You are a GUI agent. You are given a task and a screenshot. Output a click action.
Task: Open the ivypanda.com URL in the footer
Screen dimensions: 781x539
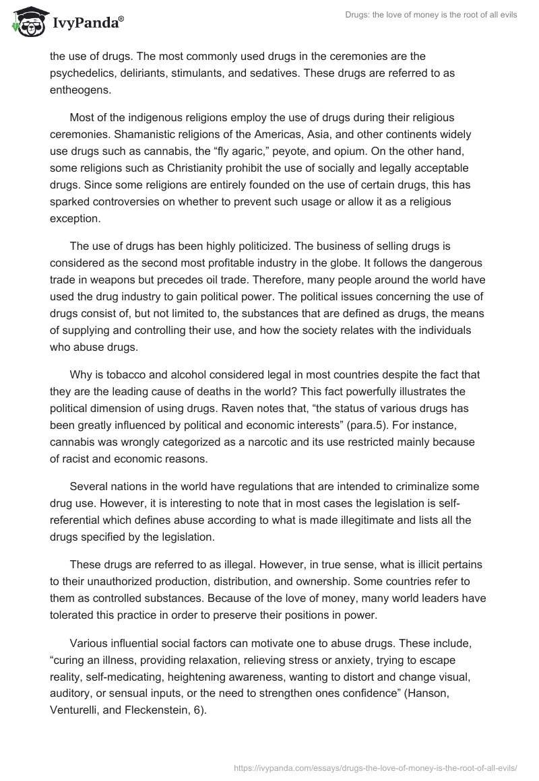pyautogui.click(x=369, y=761)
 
